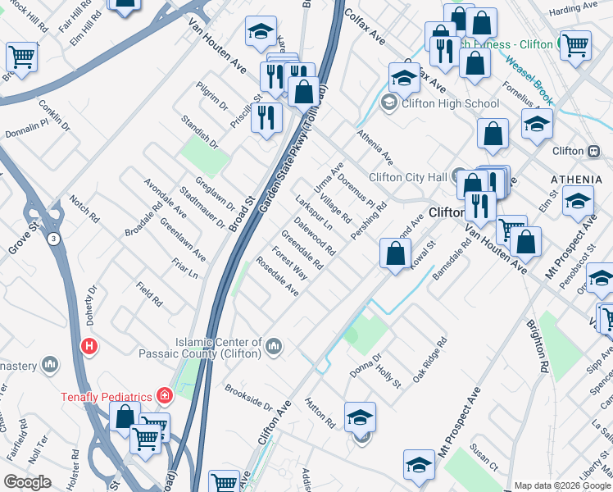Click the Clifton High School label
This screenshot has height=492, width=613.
coord(447,103)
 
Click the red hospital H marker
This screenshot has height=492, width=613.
coord(89,347)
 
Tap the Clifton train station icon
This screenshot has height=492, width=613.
coord(593,151)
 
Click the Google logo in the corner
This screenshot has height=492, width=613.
coord(28,482)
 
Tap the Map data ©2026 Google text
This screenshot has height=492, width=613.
coord(561,485)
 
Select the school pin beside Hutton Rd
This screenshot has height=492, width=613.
coord(360,417)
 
